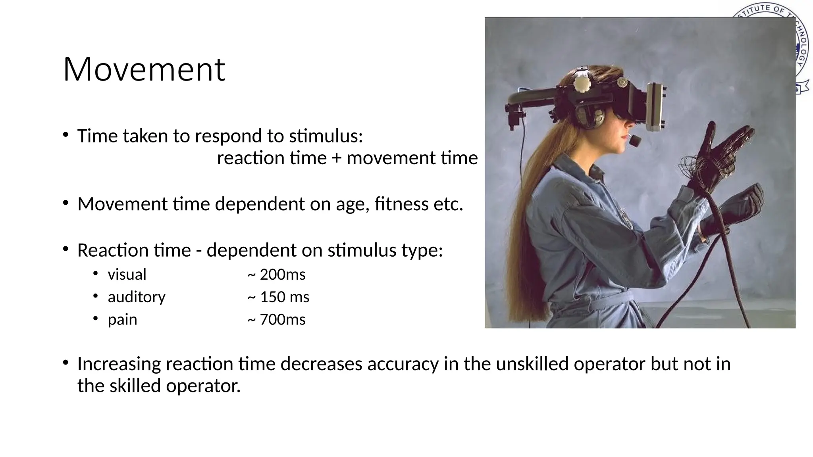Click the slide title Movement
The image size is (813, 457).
point(144,69)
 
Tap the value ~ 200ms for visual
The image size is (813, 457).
point(276,275)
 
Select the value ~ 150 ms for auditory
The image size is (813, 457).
point(278,297)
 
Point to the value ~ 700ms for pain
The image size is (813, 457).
point(276,320)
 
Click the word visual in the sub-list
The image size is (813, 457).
point(127,275)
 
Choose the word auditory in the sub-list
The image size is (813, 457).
point(137,297)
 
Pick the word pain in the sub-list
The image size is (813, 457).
point(122,320)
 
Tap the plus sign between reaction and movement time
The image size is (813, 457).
point(336,158)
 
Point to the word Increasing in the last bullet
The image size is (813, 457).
point(119,364)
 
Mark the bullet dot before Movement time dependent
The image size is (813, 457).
point(66,204)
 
